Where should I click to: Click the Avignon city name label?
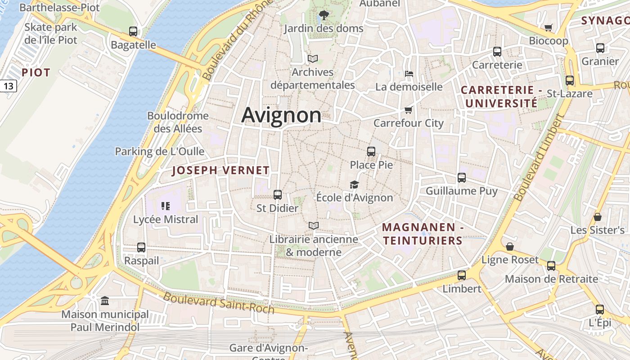pyautogui.click(x=281, y=115)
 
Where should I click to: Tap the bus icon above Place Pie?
pyautogui.click(x=371, y=152)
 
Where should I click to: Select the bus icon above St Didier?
pyautogui.click(x=278, y=195)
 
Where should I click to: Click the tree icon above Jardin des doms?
pyautogui.click(x=323, y=16)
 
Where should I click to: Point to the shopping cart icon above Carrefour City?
pyautogui.click(x=408, y=110)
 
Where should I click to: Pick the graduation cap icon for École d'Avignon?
pyautogui.click(x=354, y=184)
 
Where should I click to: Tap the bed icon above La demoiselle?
pyautogui.click(x=409, y=73)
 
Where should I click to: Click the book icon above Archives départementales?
pyautogui.click(x=312, y=58)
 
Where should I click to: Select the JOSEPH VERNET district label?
pyautogui.click(x=220, y=171)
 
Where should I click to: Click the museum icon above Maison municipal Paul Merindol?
pyautogui.click(x=105, y=301)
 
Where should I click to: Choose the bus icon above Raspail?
pyautogui.click(x=141, y=247)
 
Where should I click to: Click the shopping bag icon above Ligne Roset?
pyautogui.click(x=510, y=247)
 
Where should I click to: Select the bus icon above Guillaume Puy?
pyautogui.click(x=462, y=178)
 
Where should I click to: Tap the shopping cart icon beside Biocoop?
pyautogui.click(x=548, y=28)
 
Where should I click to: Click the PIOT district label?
pyautogui.click(x=36, y=72)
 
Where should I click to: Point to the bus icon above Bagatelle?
pyautogui.click(x=133, y=31)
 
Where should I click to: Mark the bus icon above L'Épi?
pyautogui.click(x=600, y=310)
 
